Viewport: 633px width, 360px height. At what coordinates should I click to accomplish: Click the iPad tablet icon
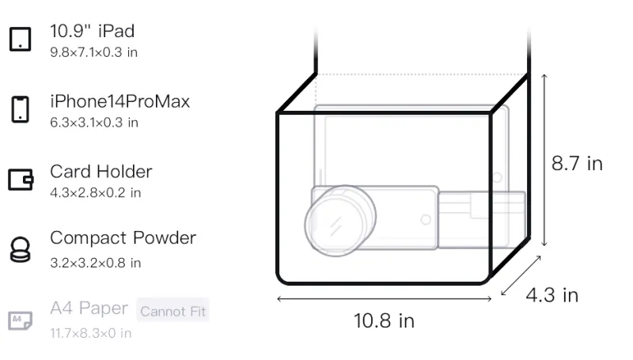(21, 39)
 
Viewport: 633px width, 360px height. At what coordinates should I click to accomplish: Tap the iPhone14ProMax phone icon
(21, 109)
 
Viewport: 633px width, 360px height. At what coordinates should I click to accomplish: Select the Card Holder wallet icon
(21, 179)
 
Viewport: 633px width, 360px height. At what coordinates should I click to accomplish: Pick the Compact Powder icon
(21, 250)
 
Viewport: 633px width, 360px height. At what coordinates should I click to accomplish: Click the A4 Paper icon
(21, 320)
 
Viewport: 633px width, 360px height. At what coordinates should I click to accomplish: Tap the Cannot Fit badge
(172, 311)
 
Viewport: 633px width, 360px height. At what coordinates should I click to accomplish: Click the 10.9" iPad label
(92, 31)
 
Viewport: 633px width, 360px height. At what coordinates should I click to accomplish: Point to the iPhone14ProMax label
(120, 101)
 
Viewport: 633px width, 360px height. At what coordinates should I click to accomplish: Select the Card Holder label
(101, 172)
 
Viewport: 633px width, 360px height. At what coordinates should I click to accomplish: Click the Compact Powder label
(123, 238)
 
